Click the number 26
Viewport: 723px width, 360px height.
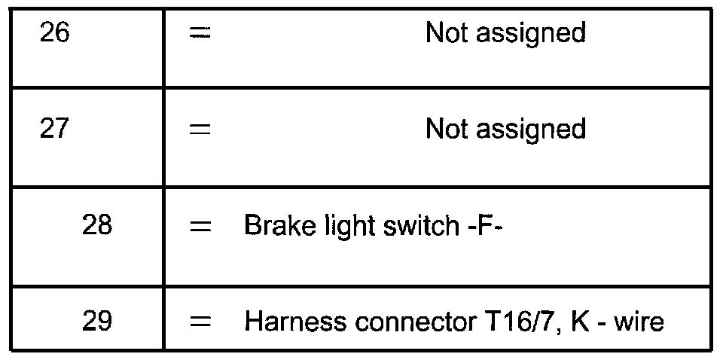54,34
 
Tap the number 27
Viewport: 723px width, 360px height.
54,129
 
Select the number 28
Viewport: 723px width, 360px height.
96,225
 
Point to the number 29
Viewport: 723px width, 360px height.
96,322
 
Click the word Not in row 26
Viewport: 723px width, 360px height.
447,34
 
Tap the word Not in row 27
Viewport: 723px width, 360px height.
447,129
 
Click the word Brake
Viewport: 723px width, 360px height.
272,225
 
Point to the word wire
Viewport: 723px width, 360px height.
639,322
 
